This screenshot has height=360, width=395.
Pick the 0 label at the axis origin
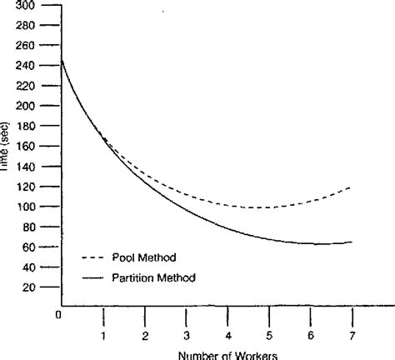(x=59, y=315)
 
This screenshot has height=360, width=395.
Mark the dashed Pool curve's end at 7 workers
(x=351, y=187)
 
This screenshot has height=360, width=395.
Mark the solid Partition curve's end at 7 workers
(x=351, y=242)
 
